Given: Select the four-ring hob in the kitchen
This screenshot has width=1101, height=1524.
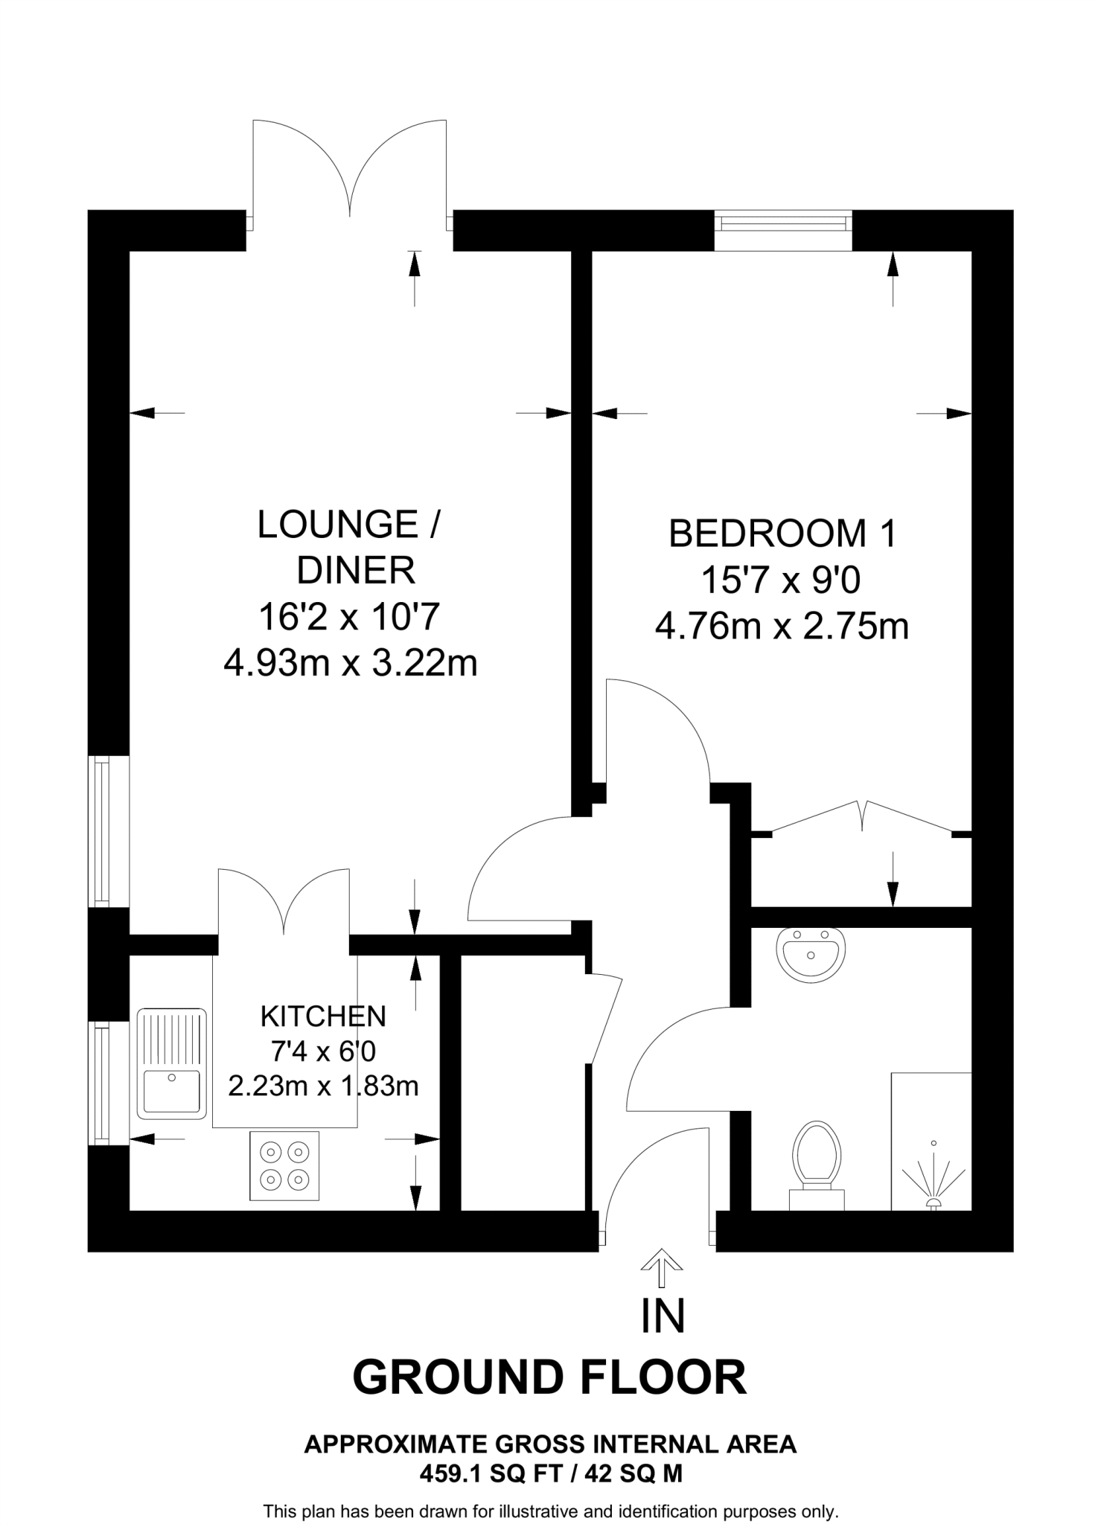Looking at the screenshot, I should [x=284, y=1165].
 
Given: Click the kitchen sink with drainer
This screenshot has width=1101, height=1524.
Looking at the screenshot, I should [x=171, y=1063].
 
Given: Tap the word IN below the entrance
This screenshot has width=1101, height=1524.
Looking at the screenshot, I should [x=663, y=1316].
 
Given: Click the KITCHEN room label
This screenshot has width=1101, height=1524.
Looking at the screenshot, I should [x=323, y=1016].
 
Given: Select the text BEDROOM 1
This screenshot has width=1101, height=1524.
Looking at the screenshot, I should [x=783, y=534].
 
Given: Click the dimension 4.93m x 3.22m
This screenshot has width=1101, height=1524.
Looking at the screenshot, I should [x=350, y=662].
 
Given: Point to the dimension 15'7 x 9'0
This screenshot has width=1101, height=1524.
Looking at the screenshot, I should [x=781, y=580].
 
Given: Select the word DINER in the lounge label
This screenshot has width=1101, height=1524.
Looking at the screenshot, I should [x=356, y=571].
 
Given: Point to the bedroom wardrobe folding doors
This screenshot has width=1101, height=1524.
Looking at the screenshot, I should [x=863, y=816].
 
